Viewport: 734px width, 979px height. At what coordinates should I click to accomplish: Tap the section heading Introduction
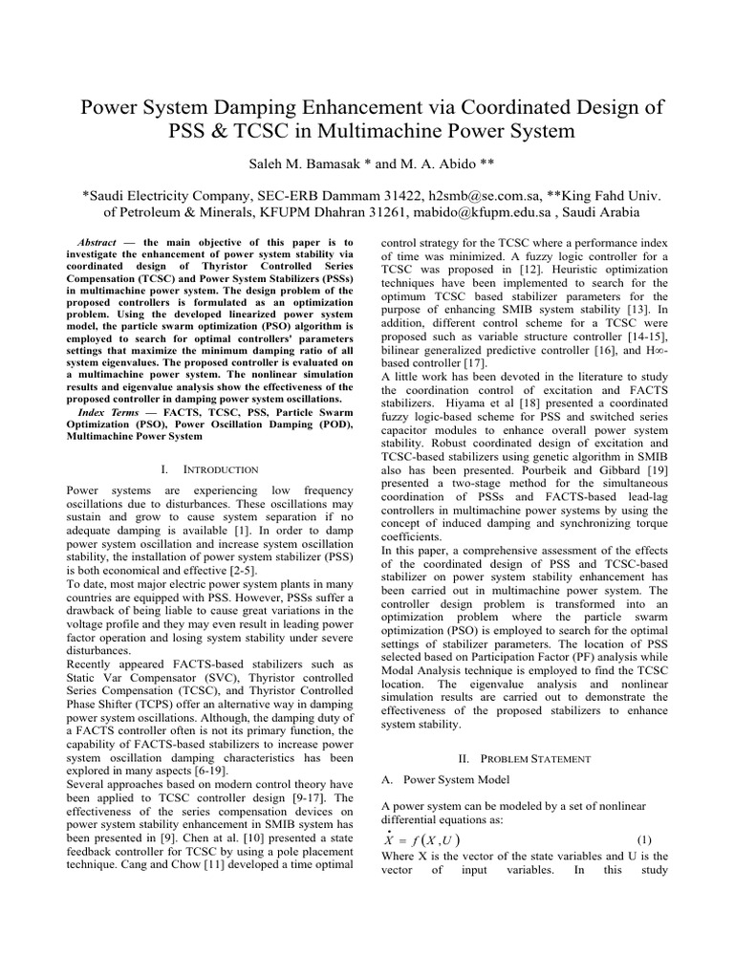221,469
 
